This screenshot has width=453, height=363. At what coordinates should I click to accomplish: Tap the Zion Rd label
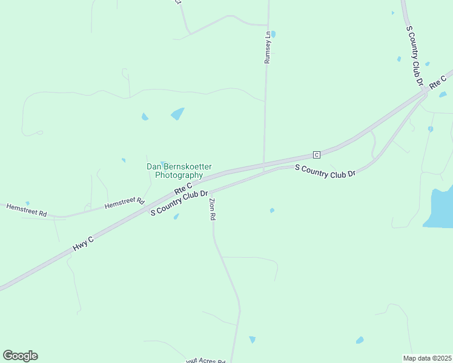[x=212, y=209]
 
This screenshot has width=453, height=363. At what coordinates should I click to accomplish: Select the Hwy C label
[x=83, y=243]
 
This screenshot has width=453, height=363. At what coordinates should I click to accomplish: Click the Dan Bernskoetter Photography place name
[x=179, y=171]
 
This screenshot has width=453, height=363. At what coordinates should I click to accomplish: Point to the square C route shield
[x=316, y=154]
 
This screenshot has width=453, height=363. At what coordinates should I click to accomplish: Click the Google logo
[x=20, y=355]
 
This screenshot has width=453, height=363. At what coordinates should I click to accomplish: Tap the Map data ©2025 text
[x=427, y=358]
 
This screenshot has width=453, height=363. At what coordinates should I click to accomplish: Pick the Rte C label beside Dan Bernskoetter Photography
[x=183, y=188]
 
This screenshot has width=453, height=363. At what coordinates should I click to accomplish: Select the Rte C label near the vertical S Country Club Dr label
[x=437, y=82]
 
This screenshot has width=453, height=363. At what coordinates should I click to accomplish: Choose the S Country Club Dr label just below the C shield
[x=325, y=171]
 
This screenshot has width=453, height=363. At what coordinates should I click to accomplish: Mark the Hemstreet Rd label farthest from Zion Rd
[x=26, y=210]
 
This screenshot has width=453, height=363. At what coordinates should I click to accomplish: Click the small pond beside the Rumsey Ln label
[x=273, y=34]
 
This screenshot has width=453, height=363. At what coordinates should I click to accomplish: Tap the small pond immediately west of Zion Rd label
[x=176, y=216]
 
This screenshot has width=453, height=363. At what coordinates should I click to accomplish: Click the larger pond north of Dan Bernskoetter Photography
[x=177, y=114]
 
